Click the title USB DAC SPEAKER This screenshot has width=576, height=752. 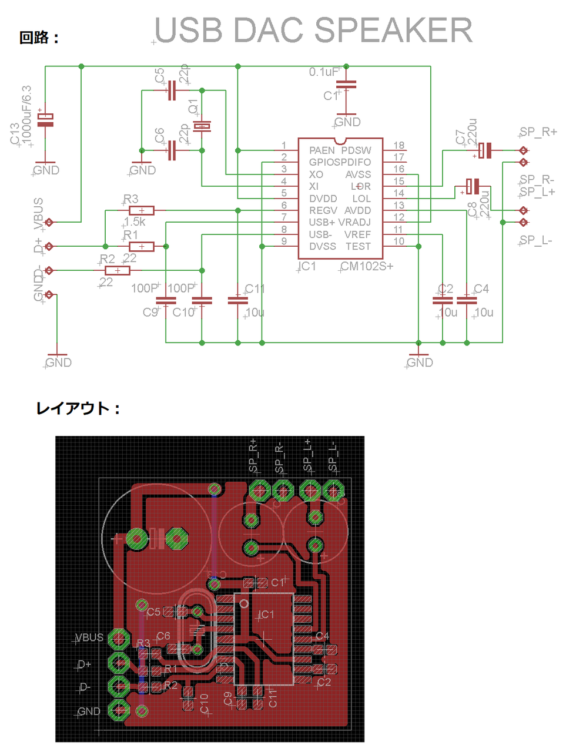[x=313, y=31]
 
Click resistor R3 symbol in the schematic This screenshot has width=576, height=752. [x=142, y=210]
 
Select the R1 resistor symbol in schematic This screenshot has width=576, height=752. [x=142, y=246]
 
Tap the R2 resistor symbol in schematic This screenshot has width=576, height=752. [x=118, y=270]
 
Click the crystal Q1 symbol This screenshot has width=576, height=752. [x=202, y=126]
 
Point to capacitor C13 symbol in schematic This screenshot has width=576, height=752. [x=45, y=119]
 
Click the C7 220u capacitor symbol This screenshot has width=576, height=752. [x=485, y=150]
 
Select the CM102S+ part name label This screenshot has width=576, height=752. [x=367, y=266]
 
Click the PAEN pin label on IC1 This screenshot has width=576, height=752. [x=322, y=150]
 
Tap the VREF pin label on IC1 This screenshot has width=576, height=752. [x=357, y=234]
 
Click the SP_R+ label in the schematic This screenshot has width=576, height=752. [x=538, y=132]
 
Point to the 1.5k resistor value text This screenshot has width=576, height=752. [x=135, y=222]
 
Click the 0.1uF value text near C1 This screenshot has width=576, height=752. [x=324, y=72]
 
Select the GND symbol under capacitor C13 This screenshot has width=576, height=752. [x=46, y=169]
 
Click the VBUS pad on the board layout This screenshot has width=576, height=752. [x=119, y=639]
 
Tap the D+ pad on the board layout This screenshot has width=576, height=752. [x=119, y=663]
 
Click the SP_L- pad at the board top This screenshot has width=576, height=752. [x=334, y=489]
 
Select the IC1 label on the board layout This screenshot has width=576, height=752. [x=266, y=615]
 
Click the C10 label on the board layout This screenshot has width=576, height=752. [x=205, y=703]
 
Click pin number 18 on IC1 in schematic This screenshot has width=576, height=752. [x=398, y=145]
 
